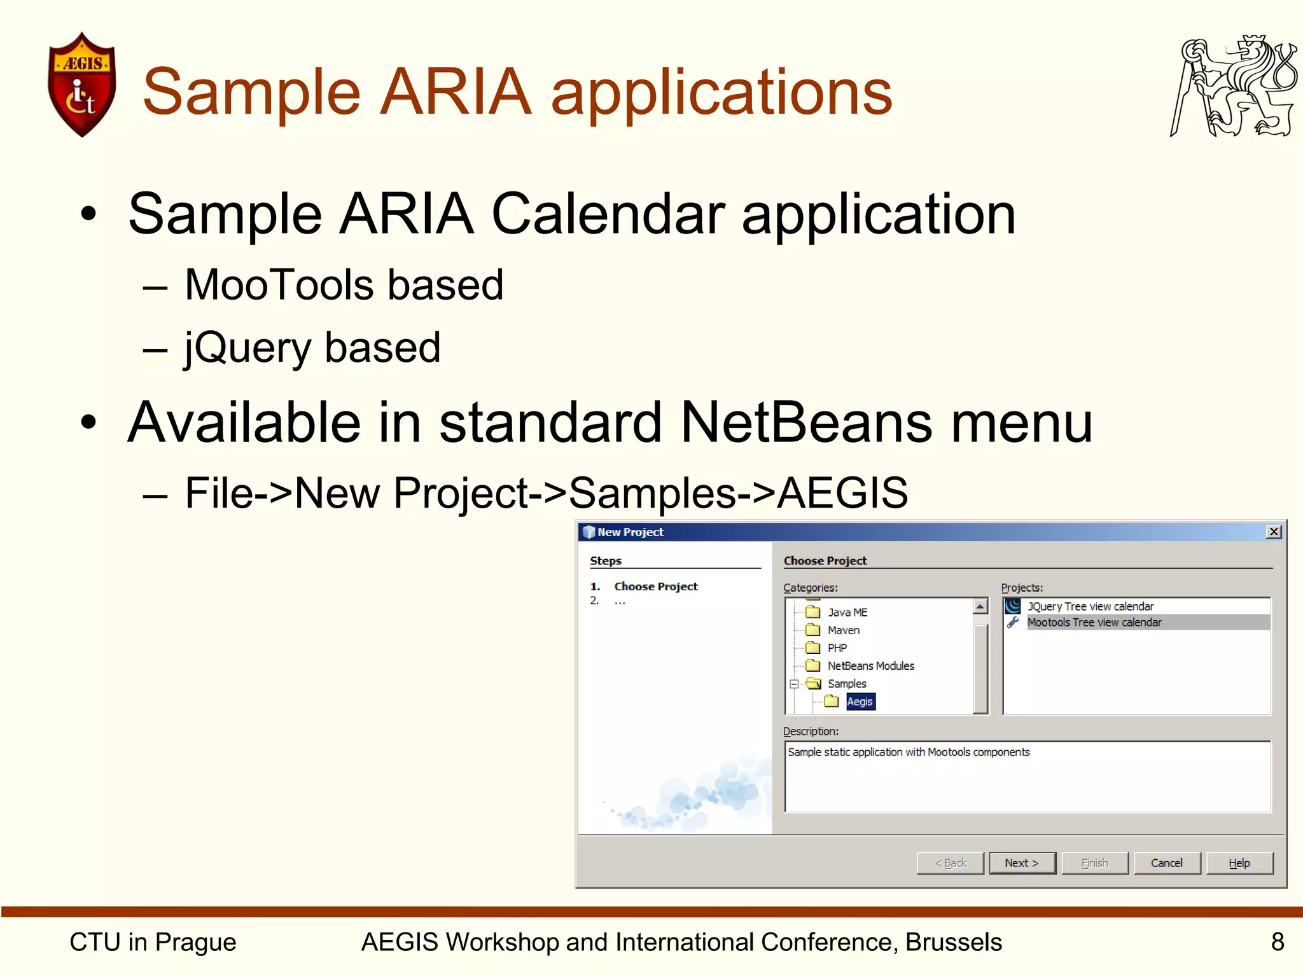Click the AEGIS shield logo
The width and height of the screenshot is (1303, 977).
click(81, 85)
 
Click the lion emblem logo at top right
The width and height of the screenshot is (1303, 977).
click(1233, 87)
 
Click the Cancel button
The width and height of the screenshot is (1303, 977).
click(1166, 863)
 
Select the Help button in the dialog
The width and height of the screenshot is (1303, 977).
click(1239, 863)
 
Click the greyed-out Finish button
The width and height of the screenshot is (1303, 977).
click(1094, 863)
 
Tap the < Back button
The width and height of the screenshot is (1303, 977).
click(950, 863)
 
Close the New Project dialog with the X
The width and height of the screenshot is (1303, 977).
click(1273, 532)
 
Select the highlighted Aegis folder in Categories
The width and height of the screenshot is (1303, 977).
click(860, 702)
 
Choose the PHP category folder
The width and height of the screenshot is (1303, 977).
click(837, 648)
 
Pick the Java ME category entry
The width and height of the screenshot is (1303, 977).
click(847, 613)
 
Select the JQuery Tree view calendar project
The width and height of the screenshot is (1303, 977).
click(1090, 606)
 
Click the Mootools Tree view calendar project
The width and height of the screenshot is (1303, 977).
click(1094, 623)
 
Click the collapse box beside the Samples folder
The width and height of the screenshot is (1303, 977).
click(794, 684)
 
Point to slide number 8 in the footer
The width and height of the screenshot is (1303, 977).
click(1277, 942)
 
